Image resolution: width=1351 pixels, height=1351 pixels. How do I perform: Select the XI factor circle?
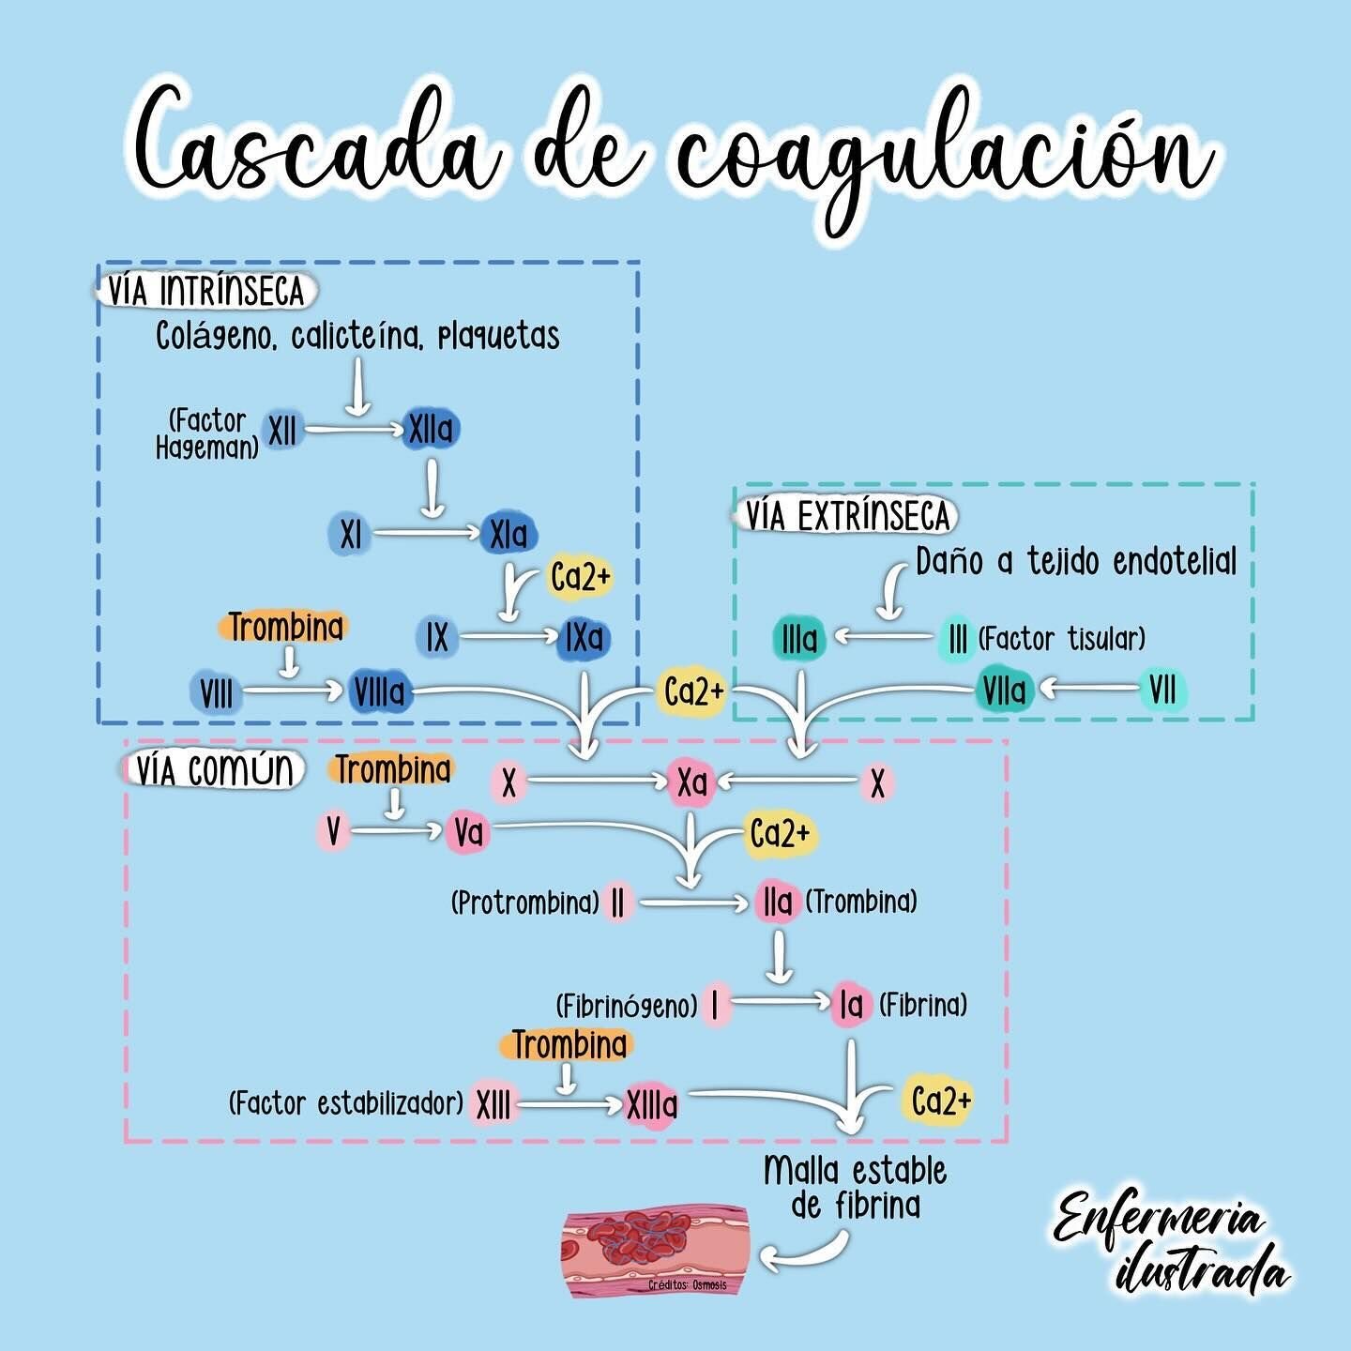pos(350,535)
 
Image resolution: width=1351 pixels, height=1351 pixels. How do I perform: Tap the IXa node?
pos(584,639)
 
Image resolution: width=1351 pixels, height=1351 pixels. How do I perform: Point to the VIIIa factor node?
pos(380,692)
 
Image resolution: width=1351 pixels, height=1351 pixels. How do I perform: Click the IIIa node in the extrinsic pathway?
pos(799,640)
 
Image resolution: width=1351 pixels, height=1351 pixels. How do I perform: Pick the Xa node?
pos(692,782)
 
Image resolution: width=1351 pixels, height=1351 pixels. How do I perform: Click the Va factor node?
pos(468,832)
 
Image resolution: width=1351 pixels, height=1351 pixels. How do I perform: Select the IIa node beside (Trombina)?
pos(778,903)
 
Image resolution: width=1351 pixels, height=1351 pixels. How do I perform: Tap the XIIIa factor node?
pos(651,1105)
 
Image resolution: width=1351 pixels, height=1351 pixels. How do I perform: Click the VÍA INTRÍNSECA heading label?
pos(206,291)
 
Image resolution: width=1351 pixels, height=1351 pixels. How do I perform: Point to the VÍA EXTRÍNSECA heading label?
pos(847,517)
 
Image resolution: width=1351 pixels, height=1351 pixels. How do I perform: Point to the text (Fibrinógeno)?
pos(626,1006)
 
